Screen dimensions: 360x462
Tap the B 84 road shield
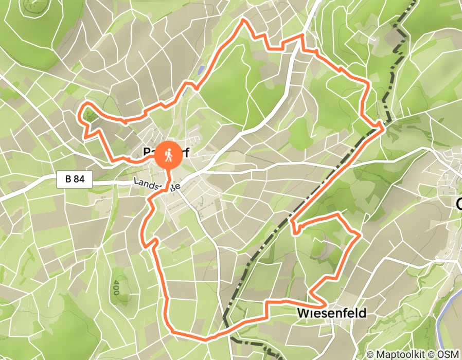point(75,179)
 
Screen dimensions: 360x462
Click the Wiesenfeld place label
point(331,313)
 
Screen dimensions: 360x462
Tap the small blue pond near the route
point(201,68)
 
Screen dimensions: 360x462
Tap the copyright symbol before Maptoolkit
point(370,354)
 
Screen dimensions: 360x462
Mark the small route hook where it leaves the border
point(294,229)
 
